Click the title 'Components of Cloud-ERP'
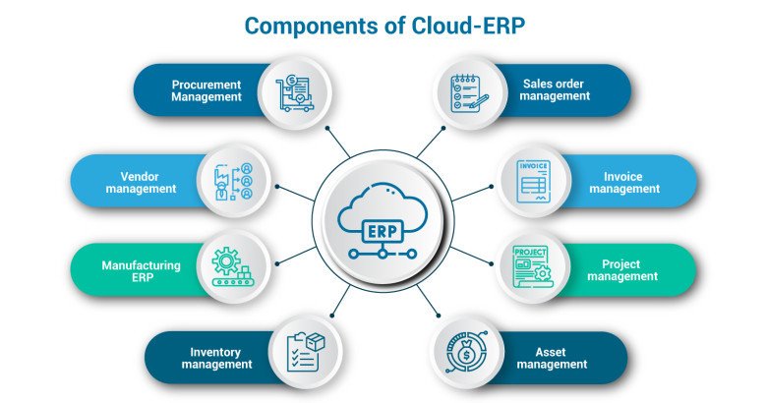pos(383,26)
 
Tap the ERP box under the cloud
pos(383,231)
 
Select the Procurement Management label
pos(206,91)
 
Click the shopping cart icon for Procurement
pos(294,93)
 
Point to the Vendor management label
pos(141,183)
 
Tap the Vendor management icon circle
pos(234,181)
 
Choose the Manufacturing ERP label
pos(141,271)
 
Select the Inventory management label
pos(216,359)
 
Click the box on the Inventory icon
pos(315,341)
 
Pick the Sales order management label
pos(555,90)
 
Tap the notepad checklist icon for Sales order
pos(469,93)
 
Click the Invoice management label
pos(624,183)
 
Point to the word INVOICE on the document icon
pos(533,166)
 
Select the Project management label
pos(622,270)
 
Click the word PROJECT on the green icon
pos(530,253)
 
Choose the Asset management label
pos(552,359)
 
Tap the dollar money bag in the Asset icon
pos(467,351)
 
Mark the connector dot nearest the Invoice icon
pos(492,187)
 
